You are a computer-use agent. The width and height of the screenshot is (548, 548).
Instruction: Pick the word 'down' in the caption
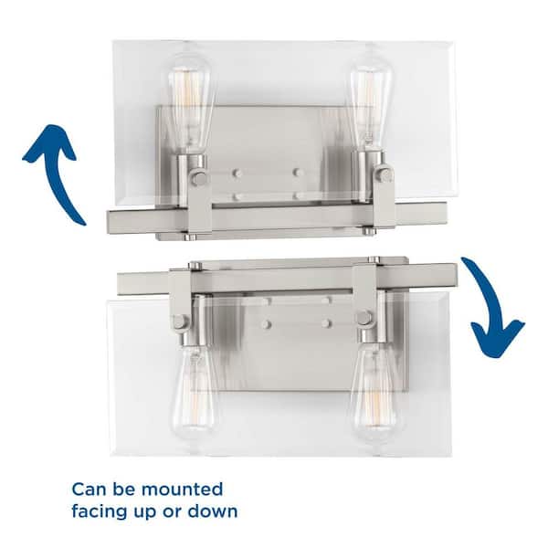tap(213, 511)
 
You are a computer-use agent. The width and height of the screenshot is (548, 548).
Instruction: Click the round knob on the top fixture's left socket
tap(198, 178)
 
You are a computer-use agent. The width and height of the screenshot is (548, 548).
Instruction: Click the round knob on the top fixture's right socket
tap(385, 174)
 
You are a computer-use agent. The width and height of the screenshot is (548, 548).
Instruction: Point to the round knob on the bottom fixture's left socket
tap(179, 321)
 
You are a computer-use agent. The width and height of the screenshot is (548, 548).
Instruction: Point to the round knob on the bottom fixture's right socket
tap(364, 317)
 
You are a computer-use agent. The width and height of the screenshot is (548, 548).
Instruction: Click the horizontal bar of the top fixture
tap(277, 216)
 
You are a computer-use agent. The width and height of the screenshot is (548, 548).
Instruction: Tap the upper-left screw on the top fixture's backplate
tap(237, 173)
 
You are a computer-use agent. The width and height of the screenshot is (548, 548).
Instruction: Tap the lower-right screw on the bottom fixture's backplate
tap(326, 323)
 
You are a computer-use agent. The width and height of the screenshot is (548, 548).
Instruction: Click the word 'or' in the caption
tap(172, 513)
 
